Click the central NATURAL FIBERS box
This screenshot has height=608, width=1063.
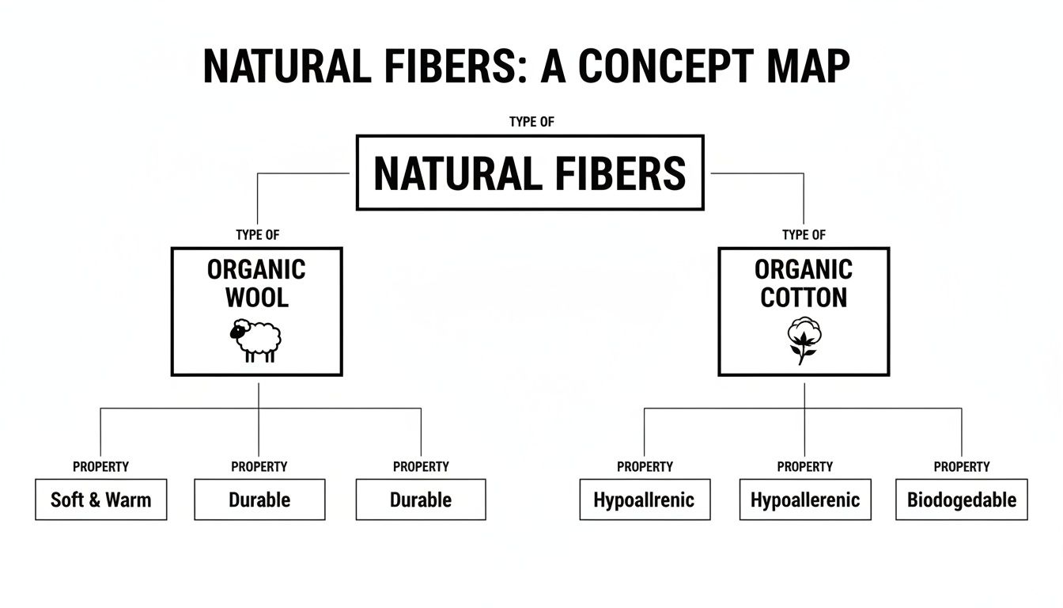pos(530,173)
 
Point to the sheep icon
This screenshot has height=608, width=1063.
pos(256,341)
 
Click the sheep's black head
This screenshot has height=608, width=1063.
pos(236,332)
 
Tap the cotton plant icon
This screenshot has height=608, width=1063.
pos(804,340)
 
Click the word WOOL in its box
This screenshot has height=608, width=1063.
pos(257,298)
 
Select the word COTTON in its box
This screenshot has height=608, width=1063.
pos(804,298)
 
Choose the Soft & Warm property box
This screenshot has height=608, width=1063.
pos(101,500)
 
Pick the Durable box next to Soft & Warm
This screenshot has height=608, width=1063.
pos(259,500)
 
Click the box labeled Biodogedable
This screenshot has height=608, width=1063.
pos(961,500)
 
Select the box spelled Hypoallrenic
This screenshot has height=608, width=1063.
pos(644,500)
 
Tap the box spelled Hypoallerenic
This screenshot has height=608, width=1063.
pos(804,500)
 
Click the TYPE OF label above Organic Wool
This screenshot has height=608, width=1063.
pos(257,235)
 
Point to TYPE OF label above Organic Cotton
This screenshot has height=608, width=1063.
pos(804,235)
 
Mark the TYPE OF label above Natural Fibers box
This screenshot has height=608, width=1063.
pos(530,122)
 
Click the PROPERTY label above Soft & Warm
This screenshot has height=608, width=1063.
pos(100,467)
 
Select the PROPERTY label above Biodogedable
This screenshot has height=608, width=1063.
pos(961,467)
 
